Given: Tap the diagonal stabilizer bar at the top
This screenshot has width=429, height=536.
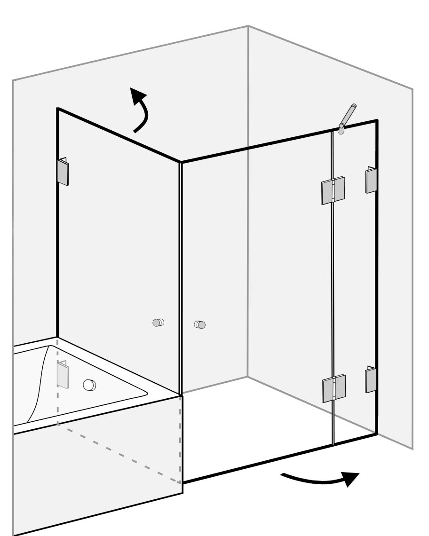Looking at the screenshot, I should [349, 115].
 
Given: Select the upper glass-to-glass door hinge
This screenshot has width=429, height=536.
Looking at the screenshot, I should [334, 191].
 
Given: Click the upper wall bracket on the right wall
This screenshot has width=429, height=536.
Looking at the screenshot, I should [371, 180].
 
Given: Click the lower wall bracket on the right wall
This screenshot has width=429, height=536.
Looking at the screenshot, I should [371, 380].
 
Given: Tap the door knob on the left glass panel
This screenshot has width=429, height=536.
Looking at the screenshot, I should [159, 323].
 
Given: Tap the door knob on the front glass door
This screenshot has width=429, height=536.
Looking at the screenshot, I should [200, 324].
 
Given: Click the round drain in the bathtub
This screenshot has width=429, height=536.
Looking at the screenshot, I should [89, 384].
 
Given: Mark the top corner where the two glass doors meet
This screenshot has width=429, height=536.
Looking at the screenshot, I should [181, 162].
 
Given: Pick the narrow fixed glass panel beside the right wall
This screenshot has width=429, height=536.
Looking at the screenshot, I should [355, 282].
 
